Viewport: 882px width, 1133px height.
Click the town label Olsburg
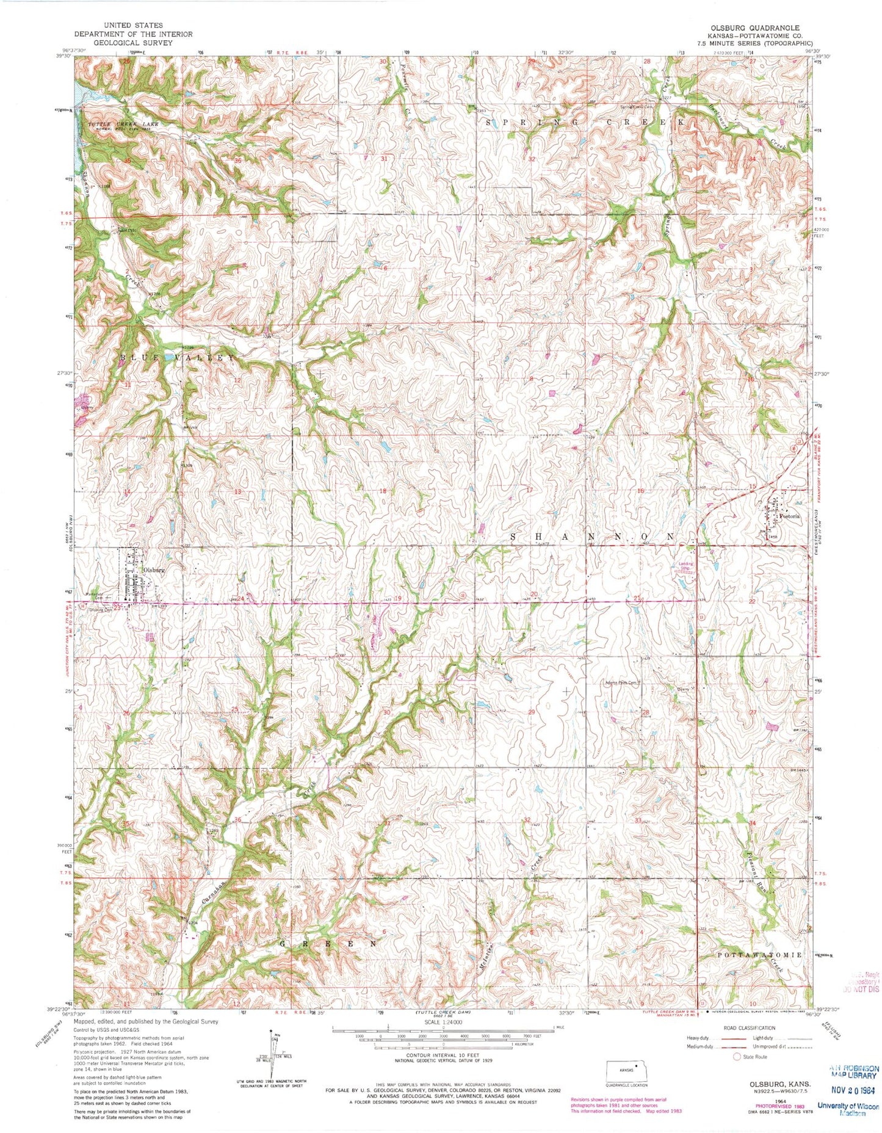tap(154, 570)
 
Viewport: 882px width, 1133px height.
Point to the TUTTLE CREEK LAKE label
tap(123, 124)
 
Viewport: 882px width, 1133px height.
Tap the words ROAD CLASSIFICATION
tap(749, 1028)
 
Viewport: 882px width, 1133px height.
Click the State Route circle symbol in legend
tap(737, 1056)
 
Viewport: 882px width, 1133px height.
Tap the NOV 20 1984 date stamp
tap(853, 1088)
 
